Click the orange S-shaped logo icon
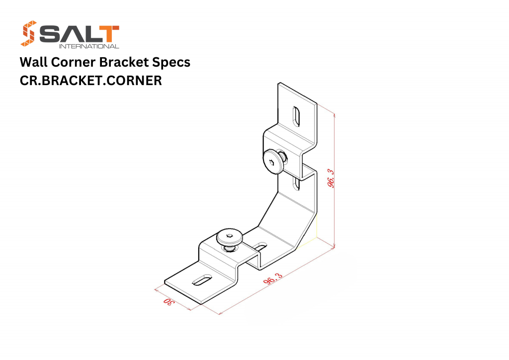tap(28, 33)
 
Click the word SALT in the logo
tap(79, 34)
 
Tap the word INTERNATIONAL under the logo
tap(89, 46)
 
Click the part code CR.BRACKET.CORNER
tap(91, 81)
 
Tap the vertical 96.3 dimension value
tap(331, 178)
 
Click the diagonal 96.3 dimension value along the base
tap(273, 279)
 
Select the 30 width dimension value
tap(169, 301)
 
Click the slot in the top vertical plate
tap(296, 116)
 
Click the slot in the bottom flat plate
tap(202, 280)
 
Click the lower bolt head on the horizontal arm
tap(230, 237)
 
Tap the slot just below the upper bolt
tap(296, 183)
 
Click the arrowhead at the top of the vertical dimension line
tap(334, 114)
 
